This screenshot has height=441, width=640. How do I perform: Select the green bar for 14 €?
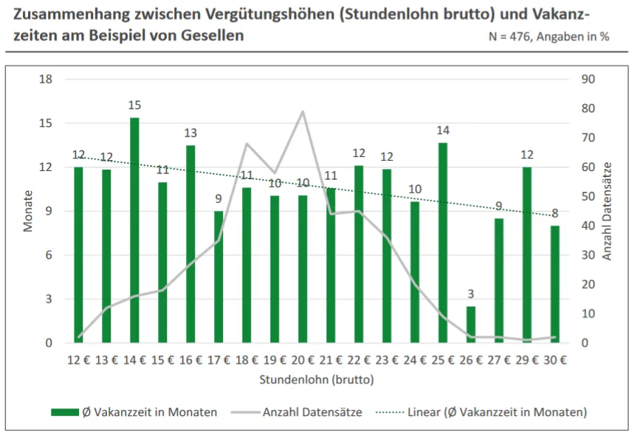tap(134, 230)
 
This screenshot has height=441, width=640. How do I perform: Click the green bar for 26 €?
tap(471, 324)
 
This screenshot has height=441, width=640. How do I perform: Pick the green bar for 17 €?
tap(219, 277)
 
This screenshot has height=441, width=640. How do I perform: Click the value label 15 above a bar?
tap(134, 105)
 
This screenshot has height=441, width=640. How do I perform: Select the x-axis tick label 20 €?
tap(303, 361)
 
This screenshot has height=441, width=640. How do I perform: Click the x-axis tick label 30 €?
tap(555, 361)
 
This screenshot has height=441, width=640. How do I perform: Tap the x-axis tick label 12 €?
tap(78, 361)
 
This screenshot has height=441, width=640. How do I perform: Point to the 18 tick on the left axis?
tap(46, 80)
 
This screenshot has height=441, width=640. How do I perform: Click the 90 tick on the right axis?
tap(588, 80)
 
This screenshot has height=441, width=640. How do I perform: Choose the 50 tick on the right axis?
tap(588, 197)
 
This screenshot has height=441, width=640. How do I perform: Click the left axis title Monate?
tap(29, 211)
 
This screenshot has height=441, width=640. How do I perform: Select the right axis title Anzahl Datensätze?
tap(608, 211)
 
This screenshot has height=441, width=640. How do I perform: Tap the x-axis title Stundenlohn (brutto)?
tap(317, 381)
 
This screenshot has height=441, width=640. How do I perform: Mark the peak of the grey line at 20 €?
tap(303, 111)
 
